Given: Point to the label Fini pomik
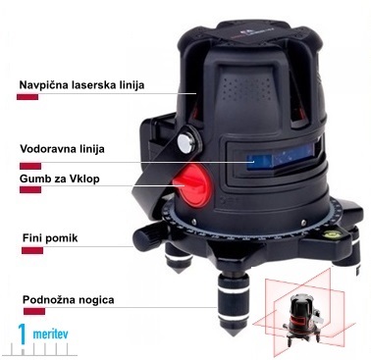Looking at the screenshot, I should (x=45, y=236).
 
